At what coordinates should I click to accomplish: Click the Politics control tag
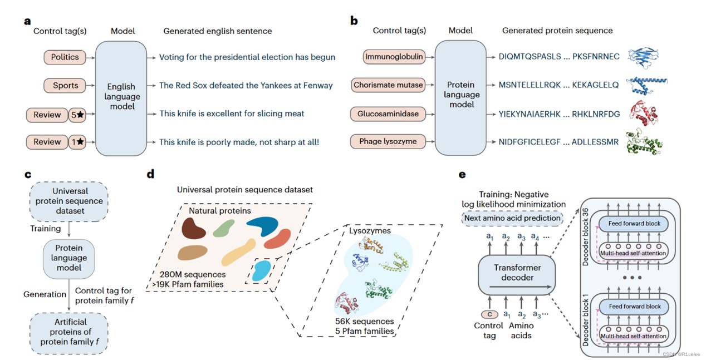point(65,57)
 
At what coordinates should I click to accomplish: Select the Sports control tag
point(65,85)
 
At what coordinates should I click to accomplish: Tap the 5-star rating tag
point(77,115)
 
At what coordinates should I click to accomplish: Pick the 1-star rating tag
point(77,142)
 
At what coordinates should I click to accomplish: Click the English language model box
point(121,98)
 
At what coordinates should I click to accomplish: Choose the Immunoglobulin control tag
point(394,57)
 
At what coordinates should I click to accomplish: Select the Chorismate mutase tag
point(388,85)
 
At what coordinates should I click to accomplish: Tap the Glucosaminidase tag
point(388,114)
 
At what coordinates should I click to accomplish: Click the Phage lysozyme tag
point(388,141)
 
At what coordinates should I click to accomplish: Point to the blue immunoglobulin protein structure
point(643,57)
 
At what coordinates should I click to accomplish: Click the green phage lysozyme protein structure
point(644,142)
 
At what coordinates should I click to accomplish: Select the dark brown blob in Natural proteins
point(193,228)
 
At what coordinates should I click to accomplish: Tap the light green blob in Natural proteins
point(223,228)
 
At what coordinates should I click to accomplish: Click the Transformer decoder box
point(517,275)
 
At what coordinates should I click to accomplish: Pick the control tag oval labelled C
point(489,314)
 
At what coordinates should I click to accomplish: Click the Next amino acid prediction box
point(512,218)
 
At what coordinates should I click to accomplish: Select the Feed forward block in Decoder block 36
point(634,224)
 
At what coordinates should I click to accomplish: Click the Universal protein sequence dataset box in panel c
point(69,201)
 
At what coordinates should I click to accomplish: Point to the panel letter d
point(151,174)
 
